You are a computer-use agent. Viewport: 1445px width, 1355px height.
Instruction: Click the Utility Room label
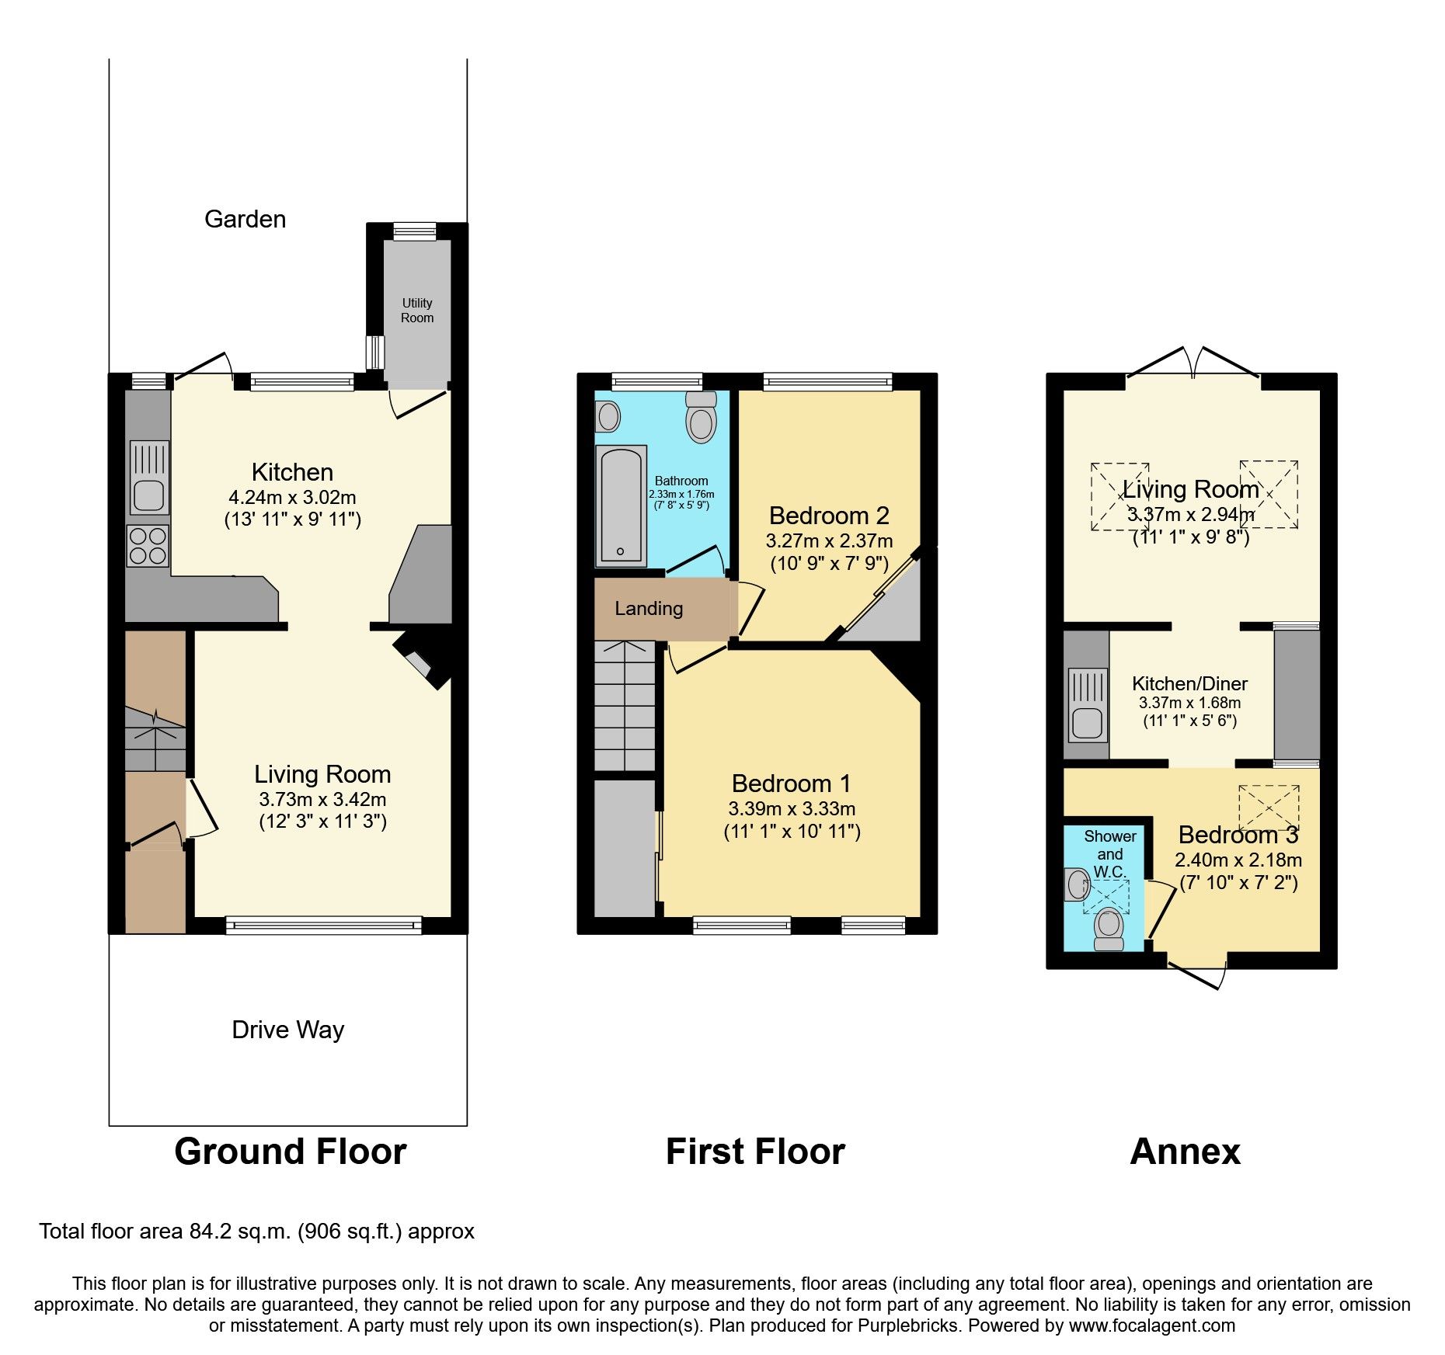tap(417, 311)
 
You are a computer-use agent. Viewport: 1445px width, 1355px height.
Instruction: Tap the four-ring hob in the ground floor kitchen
tap(148, 545)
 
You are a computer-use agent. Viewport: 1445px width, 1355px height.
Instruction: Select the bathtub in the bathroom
tap(620, 506)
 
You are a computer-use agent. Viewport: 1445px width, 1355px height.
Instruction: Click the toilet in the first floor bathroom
tap(701, 419)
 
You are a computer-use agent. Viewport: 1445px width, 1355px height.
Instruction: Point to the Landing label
tap(649, 609)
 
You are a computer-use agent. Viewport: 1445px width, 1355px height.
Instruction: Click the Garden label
tap(245, 220)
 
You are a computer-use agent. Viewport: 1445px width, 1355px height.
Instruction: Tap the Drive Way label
tap(287, 1030)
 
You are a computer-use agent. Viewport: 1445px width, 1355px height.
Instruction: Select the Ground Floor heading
tap(290, 1152)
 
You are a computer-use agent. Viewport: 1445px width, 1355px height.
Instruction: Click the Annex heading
tap(1185, 1152)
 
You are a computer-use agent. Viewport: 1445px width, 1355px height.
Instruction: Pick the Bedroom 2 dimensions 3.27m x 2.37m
tap(829, 541)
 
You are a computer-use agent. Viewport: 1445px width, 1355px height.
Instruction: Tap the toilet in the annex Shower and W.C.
tap(1109, 929)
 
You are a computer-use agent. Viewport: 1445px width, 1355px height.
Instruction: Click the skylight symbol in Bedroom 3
tap(1269, 808)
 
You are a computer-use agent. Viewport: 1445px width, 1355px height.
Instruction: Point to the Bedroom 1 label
tap(791, 783)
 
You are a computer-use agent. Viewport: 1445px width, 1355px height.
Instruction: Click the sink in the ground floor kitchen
tap(148, 478)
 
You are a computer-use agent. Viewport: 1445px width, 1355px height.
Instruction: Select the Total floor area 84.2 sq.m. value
tap(256, 1232)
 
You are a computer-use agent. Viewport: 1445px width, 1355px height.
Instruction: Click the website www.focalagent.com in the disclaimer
tap(1151, 1325)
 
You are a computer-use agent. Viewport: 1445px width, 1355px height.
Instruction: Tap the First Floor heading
tap(755, 1152)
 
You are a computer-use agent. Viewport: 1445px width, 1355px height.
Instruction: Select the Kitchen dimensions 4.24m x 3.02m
tap(292, 498)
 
